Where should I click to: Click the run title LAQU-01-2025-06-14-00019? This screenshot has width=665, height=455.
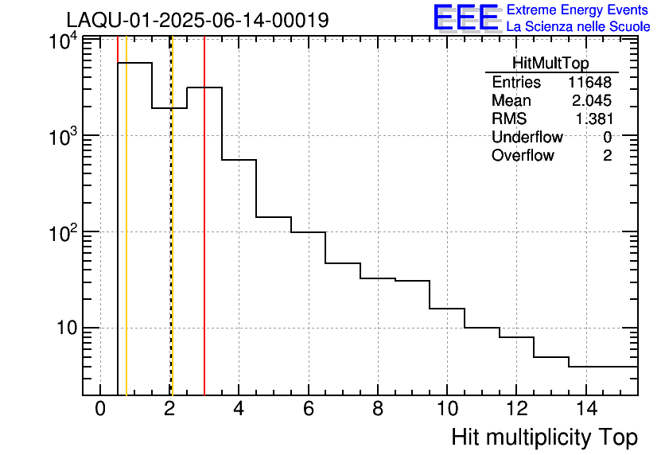point(197,20)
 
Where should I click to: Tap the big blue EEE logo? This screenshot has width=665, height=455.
point(466,18)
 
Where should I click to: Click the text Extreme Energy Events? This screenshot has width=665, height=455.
point(578,10)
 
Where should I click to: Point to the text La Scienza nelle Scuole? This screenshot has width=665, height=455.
point(578,27)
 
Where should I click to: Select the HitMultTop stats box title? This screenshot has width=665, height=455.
point(550,65)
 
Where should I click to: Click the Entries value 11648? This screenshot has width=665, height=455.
point(589,83)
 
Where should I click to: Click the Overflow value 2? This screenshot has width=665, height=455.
point(607,155)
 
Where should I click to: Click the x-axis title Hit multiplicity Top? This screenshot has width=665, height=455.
point(544,437)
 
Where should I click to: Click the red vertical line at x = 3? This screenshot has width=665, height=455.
point(204,239)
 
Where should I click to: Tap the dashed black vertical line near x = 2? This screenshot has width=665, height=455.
point(170,239)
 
